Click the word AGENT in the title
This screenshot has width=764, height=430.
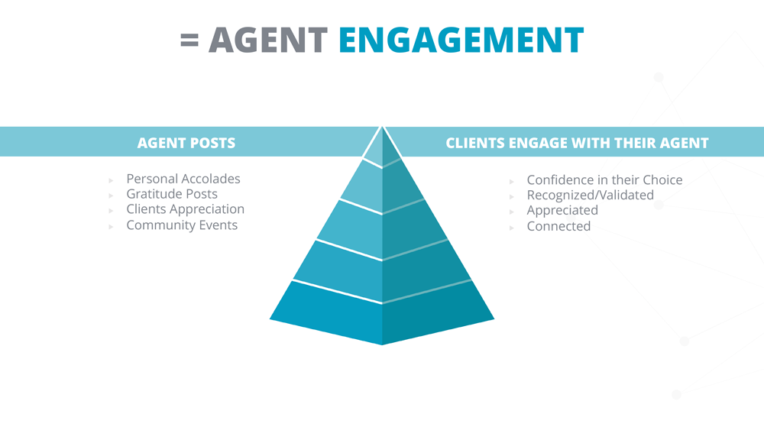pyautogui.click(x=268, y=40)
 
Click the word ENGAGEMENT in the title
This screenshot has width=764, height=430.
pyautogui.click(x=461, y=40)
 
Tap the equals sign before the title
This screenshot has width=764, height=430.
pyautogui.click(x=189, y=40)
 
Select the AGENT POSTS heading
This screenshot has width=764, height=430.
pyautogui.click(x=186, y=143)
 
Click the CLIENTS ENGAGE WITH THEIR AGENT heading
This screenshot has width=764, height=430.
pyautogui.click(x=577, y=143)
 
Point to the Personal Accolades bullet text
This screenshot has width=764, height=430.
pyautogui.click(x=183, y=179)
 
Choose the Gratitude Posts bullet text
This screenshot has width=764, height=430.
pyautogui.click(x=172, y=194)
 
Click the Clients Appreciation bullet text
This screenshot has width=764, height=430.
pyautogui.click(x=185, y=209)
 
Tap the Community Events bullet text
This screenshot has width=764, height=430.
pyautogui.click(x=182, y=225)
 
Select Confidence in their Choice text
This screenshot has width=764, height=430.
pyautogui.click(x=604, y=179)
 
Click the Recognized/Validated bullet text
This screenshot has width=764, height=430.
pyautogui.click(x=590, y=196)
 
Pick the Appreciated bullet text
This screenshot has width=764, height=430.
pyautogui.click(x=562, y=210)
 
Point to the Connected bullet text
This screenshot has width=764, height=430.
pyautogui.click(x=558, y=226)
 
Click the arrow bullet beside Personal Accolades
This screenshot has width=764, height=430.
pyautogui.click(x=111, y=181)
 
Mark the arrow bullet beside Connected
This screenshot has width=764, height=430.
pyautogui.click(x=512, y=228)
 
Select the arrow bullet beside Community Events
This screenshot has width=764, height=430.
pyautogui.click(x=111, y=226)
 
